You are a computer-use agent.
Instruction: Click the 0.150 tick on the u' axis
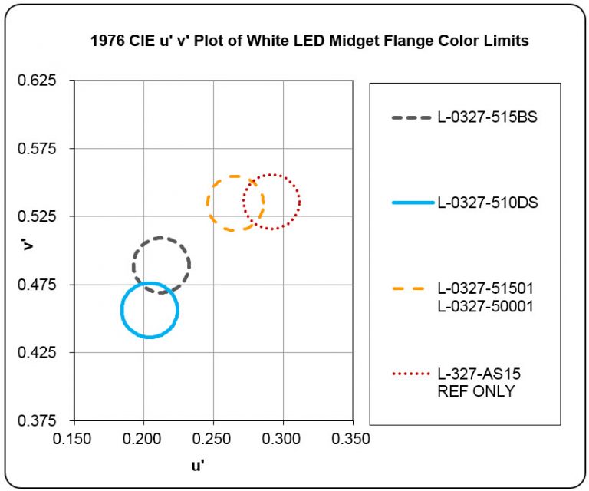click(x=74, y=439)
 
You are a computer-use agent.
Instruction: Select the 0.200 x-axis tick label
click(x=143, y=439)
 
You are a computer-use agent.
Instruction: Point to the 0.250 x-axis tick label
click(x=213, y=439)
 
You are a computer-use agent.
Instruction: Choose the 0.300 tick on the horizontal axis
click(x=283, y=439)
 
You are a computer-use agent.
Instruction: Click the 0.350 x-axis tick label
click(x=353, y=439)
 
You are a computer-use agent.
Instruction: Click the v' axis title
click(x=26, y=245)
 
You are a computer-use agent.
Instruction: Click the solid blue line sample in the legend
click(x=413, y=203)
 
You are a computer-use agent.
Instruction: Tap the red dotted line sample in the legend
click(x=413, y=374)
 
